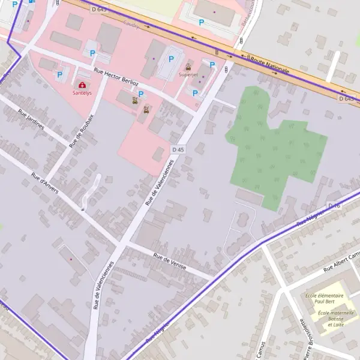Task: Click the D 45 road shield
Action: click(x=178, y=149)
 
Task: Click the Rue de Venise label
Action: click(x=170, y=262)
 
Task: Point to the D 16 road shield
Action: click(x=334, y=206)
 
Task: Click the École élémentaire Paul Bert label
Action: click(x=324, y=298)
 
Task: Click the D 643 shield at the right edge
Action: click(x=346, y=98)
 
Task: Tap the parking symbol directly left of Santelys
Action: click(x=59, y=75)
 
